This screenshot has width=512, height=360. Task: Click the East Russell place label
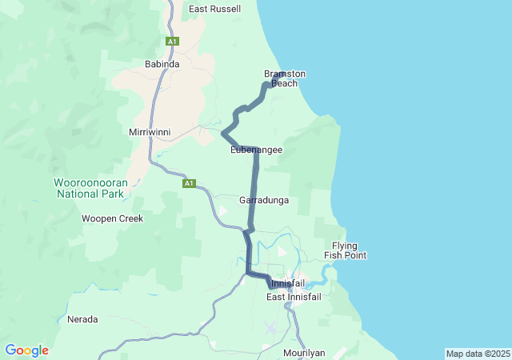214,10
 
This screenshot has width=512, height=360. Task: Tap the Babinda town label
162,63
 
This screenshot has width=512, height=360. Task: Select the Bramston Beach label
285,78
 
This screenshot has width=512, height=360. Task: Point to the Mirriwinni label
150,131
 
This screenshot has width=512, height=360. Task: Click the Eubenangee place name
256,150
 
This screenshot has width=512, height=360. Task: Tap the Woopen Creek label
112,218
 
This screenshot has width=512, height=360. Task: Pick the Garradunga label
263,200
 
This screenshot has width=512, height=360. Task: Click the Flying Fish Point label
345,250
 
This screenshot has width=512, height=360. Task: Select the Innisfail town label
288,284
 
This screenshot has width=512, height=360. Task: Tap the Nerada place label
82,319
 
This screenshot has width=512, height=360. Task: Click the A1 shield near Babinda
172,41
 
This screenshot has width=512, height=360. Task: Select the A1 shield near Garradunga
189,183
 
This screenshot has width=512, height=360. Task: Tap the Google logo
26,350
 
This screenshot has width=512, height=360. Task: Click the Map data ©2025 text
477,354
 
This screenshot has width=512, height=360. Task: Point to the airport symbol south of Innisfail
270,329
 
